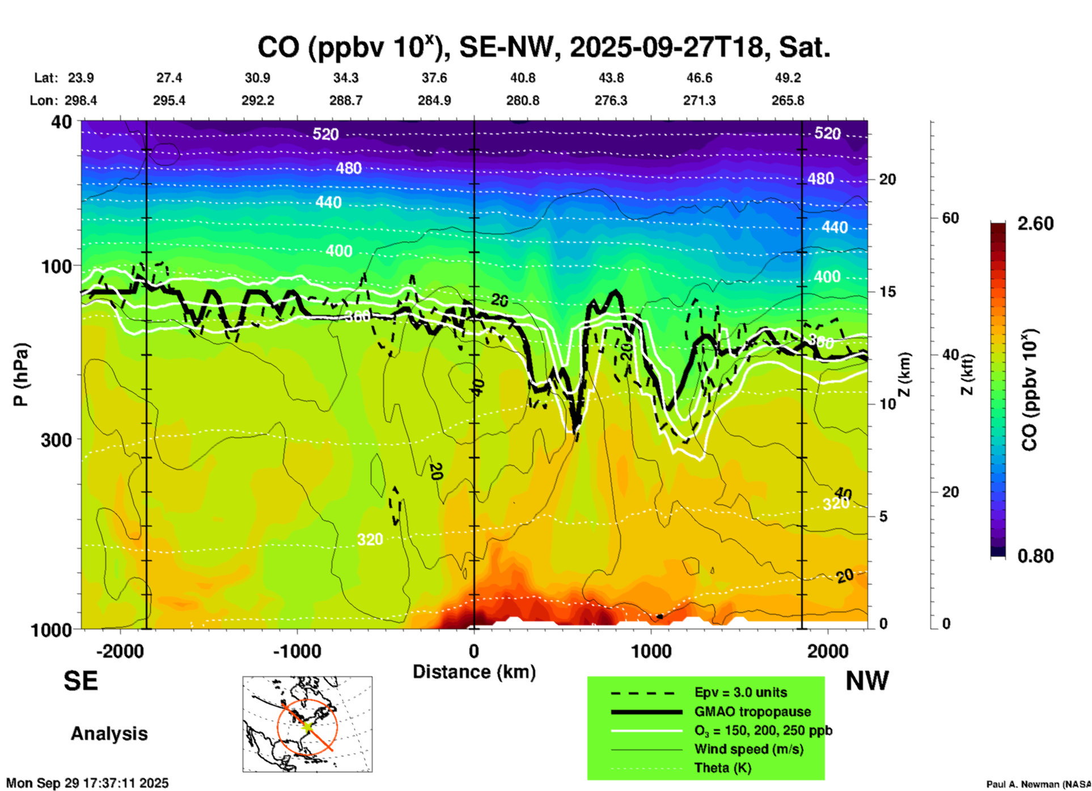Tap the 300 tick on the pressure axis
coord(56,440)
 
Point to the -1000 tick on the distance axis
coord(297,651)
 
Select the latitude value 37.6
coord(434,78)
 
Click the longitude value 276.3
coord(611,101)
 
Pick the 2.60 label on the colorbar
coord(1035,224)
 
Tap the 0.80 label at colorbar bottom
coord(1035,556)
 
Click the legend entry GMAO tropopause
coord(752,712)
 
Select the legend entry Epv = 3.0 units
coord(740,693)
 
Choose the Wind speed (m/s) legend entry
coord(748,750)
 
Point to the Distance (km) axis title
coord(474,672)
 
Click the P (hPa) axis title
coord(21,375)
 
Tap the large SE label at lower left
coord(81,681)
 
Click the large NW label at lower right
coord(867,681)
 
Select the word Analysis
coord(109,734)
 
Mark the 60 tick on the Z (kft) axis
coord(950,218)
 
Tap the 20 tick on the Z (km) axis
coord(887,179)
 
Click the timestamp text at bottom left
coord(87,783)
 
